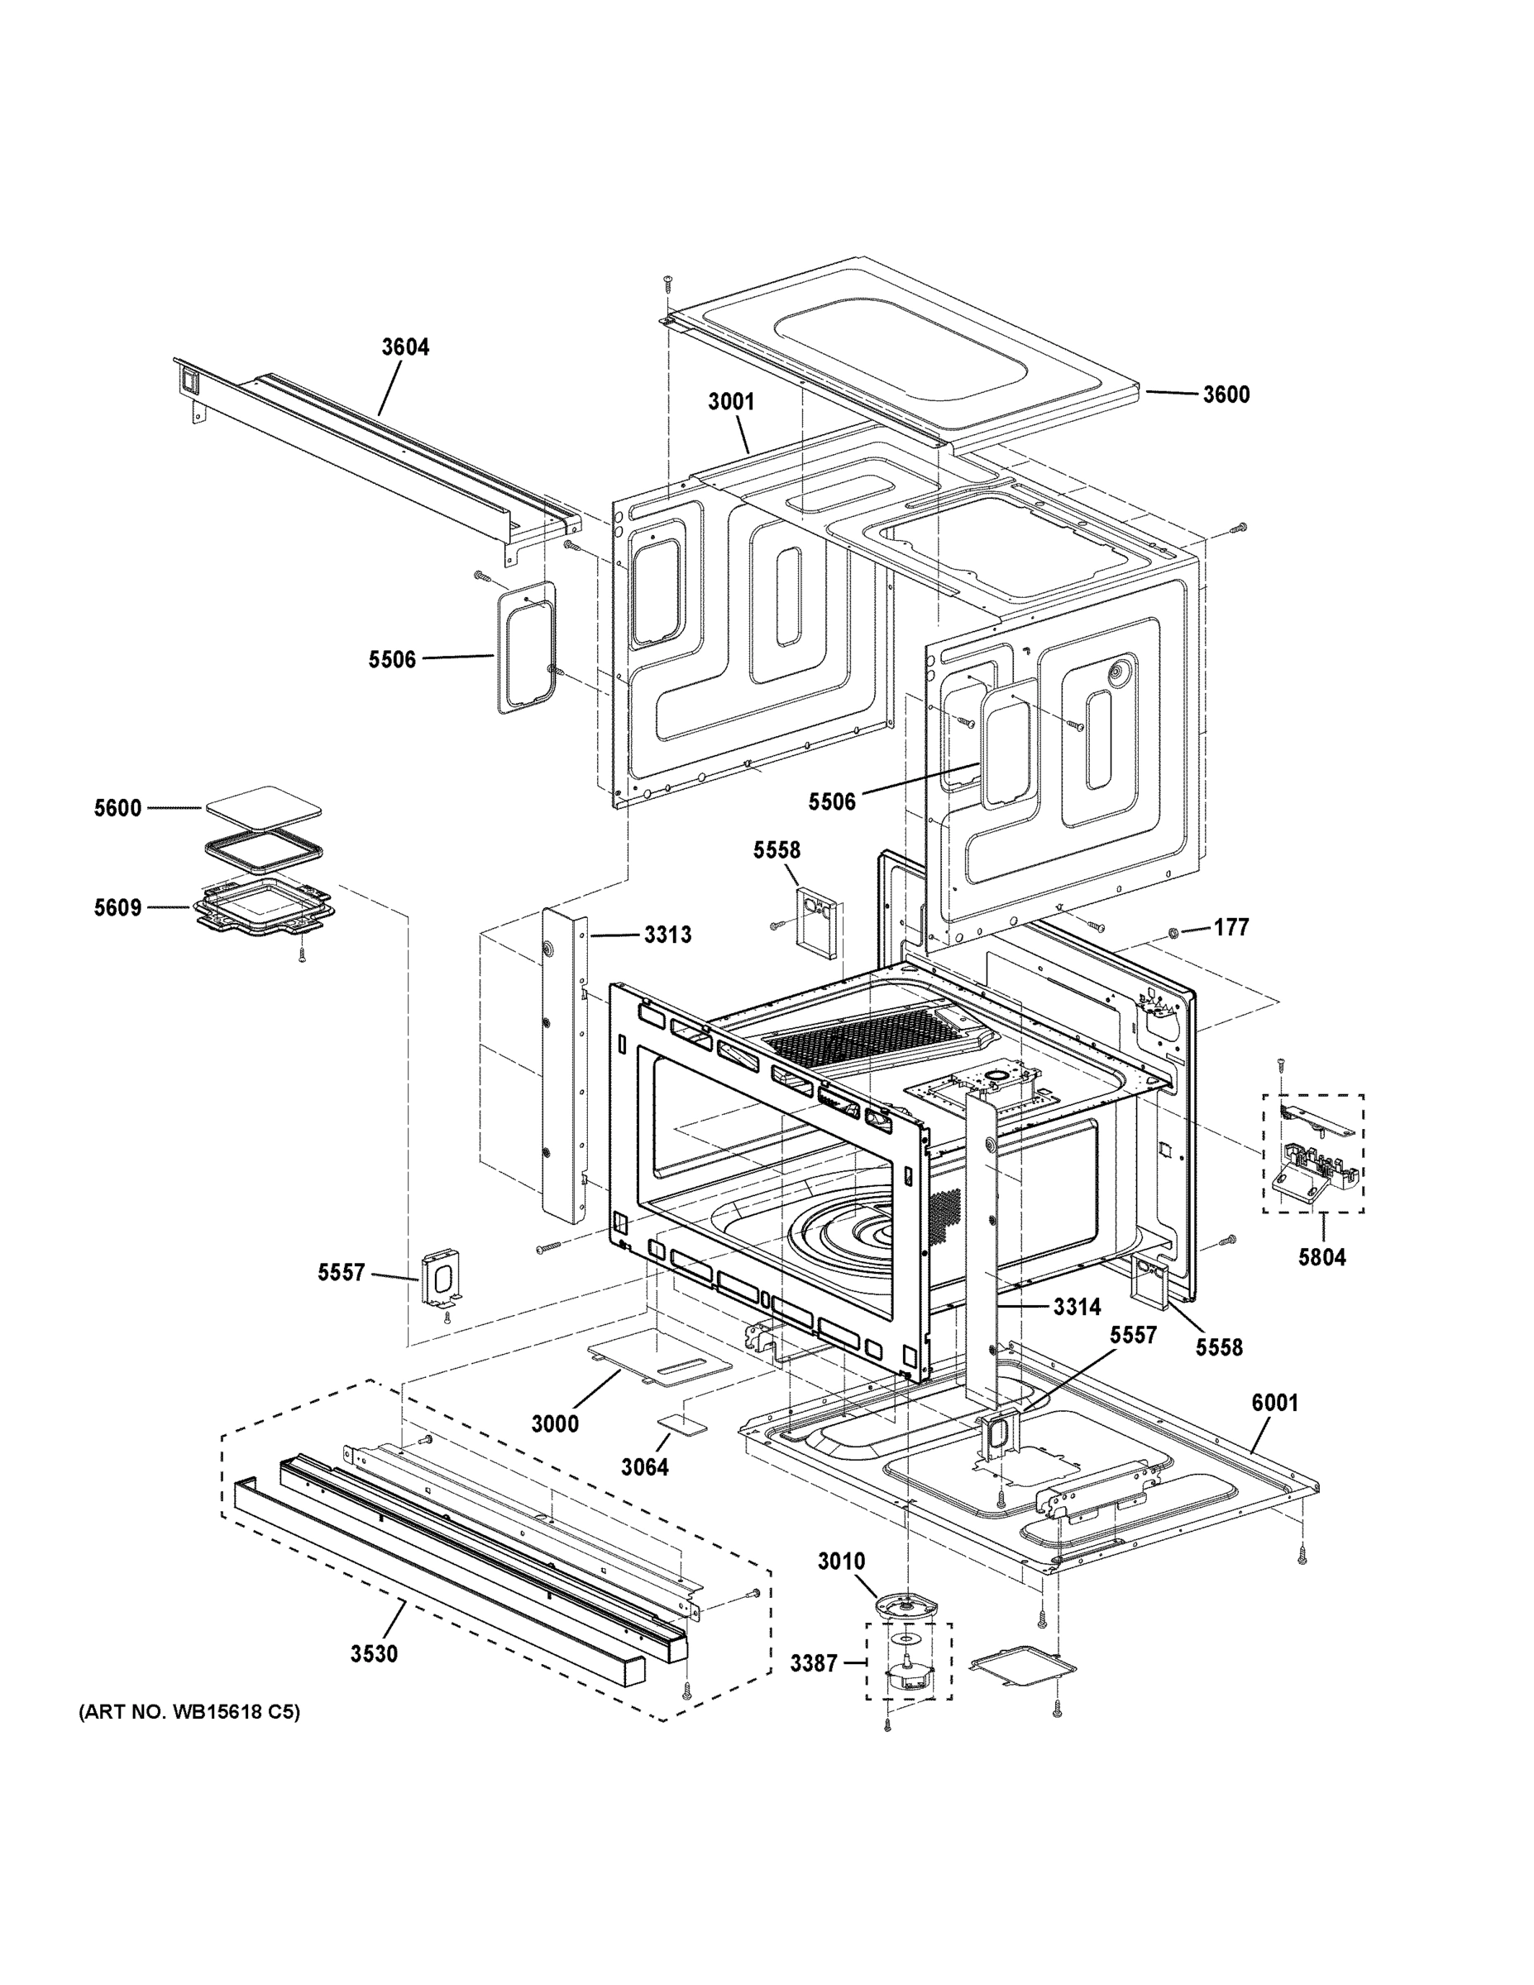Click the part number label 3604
pos(405,347)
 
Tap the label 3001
pos(732,401)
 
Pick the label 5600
pos(118,808)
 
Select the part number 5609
pos(118,907)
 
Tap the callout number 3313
pos(668,935)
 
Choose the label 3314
pos(1077,1307)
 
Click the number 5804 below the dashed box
pos(1321,1258)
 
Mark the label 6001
pos(1275,1403)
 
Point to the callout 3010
pos(842,1562)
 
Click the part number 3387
pos(814,1663)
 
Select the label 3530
pos(375,1653)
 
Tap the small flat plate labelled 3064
pos(681,1424)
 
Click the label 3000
pos(555,1423)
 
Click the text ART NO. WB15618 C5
pos(189,1712)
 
